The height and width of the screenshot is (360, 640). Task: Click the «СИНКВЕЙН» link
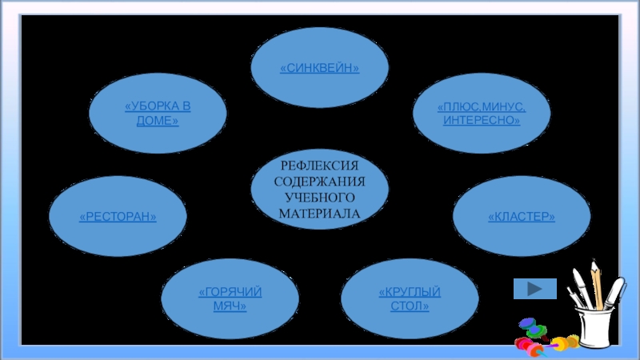click(x=319, y=70)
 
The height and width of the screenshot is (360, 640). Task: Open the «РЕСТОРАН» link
click(x=118, y=217)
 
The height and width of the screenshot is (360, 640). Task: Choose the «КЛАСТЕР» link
click(x=522, y=217)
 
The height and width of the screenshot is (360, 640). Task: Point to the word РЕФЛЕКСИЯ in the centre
click(x=319, y=166)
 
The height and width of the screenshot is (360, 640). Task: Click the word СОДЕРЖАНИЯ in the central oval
click(x=319, y=182)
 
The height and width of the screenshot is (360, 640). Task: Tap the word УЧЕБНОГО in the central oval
click(x=319, y=197)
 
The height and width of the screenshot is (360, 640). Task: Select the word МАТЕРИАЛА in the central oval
click(x=319, y=213)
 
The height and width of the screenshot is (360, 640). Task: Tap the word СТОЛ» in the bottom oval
click(x=410, y=307)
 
